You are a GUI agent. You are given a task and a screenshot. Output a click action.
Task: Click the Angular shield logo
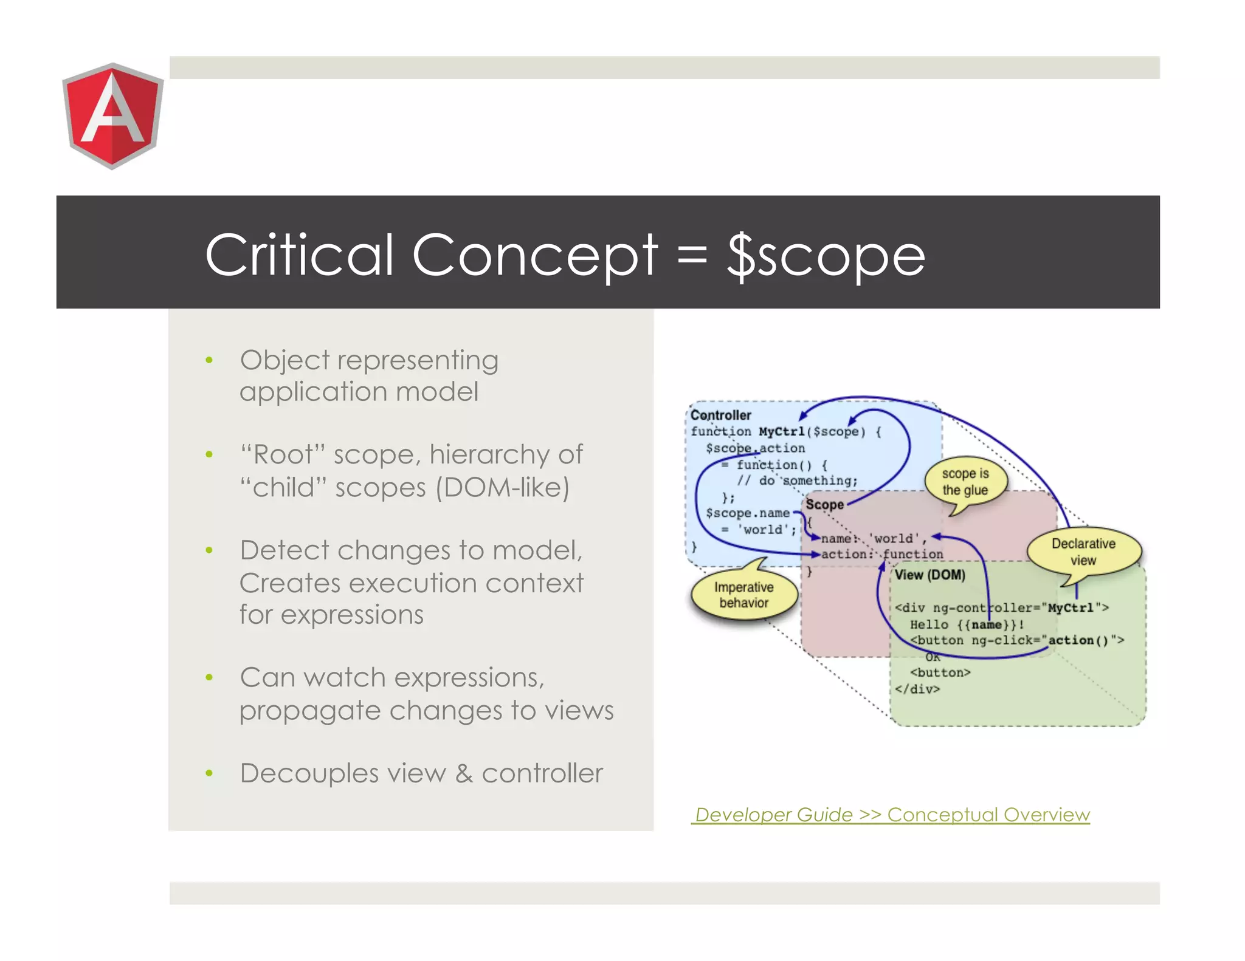[x=112, y=115]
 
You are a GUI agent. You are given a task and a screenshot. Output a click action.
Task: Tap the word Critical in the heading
[x=299, y=255]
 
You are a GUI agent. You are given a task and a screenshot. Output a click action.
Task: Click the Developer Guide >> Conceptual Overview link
[x=891, y=814]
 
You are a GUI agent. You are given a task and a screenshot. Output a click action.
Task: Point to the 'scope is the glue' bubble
[x=965, y=482]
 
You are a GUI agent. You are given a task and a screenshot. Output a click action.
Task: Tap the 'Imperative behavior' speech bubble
[x=743, y=595]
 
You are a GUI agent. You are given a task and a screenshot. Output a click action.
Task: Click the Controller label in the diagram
[x=721, y=415]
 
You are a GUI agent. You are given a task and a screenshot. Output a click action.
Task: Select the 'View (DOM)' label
[x=929, y=575]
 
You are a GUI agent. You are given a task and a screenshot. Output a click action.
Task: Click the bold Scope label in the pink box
[x=824, y=505]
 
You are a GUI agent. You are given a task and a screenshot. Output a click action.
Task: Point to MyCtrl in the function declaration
[x=782, y=432]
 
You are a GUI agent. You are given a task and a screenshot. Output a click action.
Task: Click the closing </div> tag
[x=917, y=689]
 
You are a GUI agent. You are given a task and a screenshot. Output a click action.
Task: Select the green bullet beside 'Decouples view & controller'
[x=209, y=773]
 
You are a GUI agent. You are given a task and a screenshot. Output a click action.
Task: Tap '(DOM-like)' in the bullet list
[x=502, y=487]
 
